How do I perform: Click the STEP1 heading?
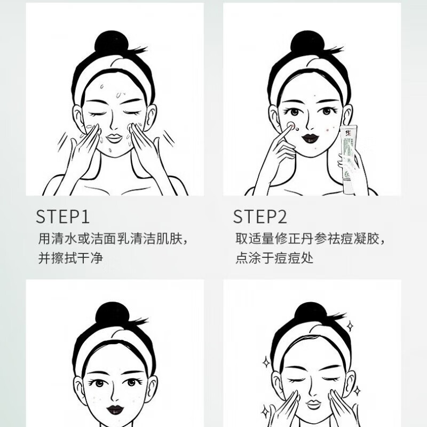(x=63, y=216)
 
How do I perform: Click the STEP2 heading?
(x=260, y=216)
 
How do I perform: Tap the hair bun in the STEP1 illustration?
(x=112, y=43)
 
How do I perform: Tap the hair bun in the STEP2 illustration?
(x=308, y=42)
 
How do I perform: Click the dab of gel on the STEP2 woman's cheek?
(x=291, y=126)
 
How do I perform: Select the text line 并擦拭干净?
(x=70, y=258)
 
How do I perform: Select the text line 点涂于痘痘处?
(x=274, y=258)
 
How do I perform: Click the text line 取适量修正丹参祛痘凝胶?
(x=310, y=238)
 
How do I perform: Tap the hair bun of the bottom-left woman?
(x=112, y=314)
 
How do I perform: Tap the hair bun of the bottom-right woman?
(x=310, y=314)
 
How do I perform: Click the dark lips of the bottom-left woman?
(x=115, y=409)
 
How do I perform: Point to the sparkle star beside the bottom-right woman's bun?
(x=350, y=326)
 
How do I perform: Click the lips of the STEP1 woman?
(x=114, y=137)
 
